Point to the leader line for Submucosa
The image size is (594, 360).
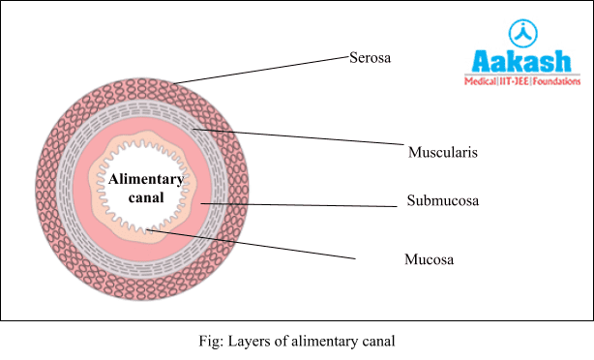pyautogui.click(x=300, y=204)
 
